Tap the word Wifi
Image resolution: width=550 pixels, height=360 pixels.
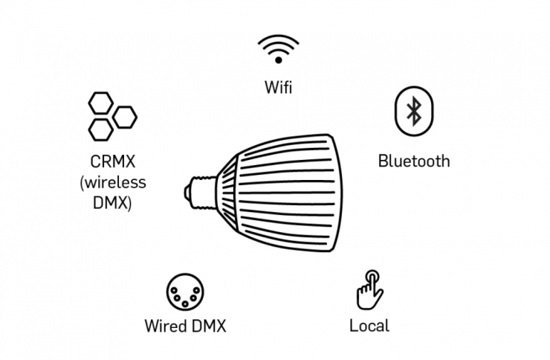(x=278, y=88)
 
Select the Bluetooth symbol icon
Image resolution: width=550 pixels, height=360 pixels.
(x=412, y=113)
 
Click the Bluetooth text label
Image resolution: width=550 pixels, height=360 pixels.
(x=413, y=160)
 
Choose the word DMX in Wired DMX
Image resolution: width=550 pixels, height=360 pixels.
(x=208, y=326)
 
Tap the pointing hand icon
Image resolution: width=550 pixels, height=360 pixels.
(x=369, y=291)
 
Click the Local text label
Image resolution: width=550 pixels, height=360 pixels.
(x=369, y=326)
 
